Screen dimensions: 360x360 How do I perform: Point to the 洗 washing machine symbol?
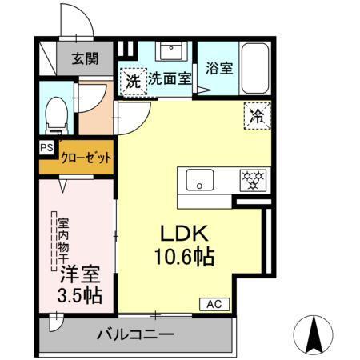coord(132,80)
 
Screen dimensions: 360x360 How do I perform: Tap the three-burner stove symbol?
coord(253,179)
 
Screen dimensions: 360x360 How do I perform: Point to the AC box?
coord(215,304)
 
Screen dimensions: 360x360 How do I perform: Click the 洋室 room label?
coord(78,274)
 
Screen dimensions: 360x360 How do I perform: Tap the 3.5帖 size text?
coord(79,294)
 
